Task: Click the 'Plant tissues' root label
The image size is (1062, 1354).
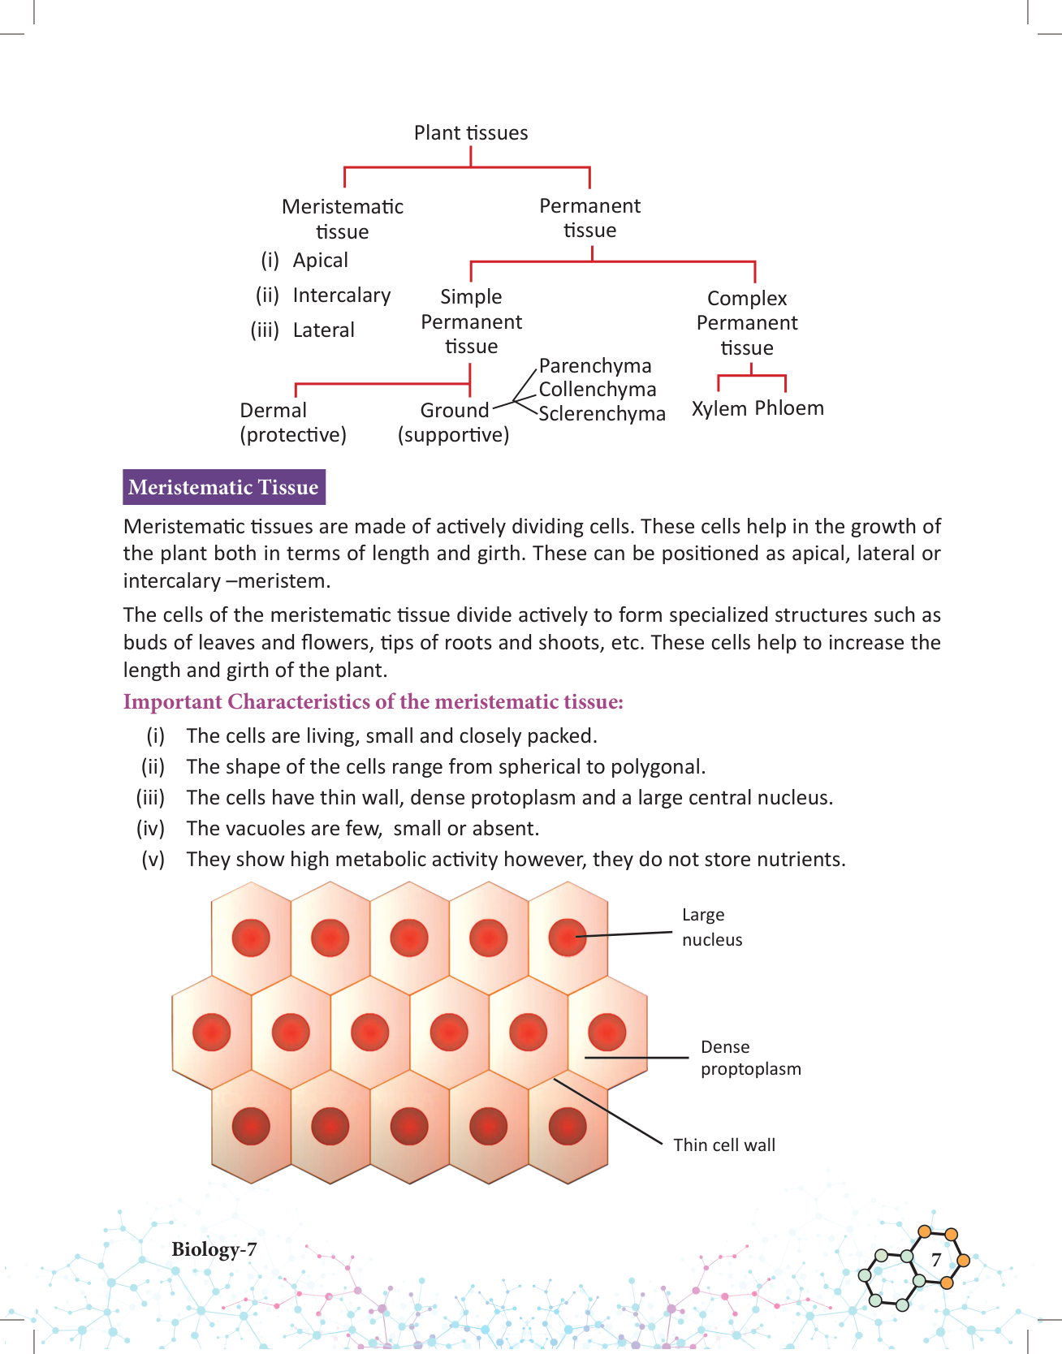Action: pos(471,133)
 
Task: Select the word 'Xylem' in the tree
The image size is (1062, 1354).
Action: pos(719,408)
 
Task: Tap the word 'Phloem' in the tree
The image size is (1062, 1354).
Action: pos(789,407)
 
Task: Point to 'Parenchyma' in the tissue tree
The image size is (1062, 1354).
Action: pos(595,366)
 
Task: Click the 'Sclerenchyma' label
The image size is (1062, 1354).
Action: pos(602,414)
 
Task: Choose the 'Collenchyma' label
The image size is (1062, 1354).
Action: pos(598,390)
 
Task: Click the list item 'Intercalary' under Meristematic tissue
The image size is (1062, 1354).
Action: pos(341,295)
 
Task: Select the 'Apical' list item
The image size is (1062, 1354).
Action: pos(320,261)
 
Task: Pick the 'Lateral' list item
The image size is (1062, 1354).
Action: pos(323,330)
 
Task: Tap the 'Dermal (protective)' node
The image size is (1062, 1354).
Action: pos(292,423)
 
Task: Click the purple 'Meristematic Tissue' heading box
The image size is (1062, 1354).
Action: pos(223,487)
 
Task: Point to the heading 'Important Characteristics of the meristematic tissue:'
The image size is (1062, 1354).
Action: pos(373,702)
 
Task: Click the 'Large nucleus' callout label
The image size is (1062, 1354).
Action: pos(711,927)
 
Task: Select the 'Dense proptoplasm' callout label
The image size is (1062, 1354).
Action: pos(750,1058)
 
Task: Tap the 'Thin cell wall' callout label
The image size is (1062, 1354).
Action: pos(724,1145)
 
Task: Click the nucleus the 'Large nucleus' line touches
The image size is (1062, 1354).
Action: pos(567,938)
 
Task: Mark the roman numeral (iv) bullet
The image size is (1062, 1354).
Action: pos(151,829)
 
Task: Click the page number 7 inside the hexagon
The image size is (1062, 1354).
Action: pos(935,1260)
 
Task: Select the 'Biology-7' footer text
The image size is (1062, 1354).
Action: pos(214,1249)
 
